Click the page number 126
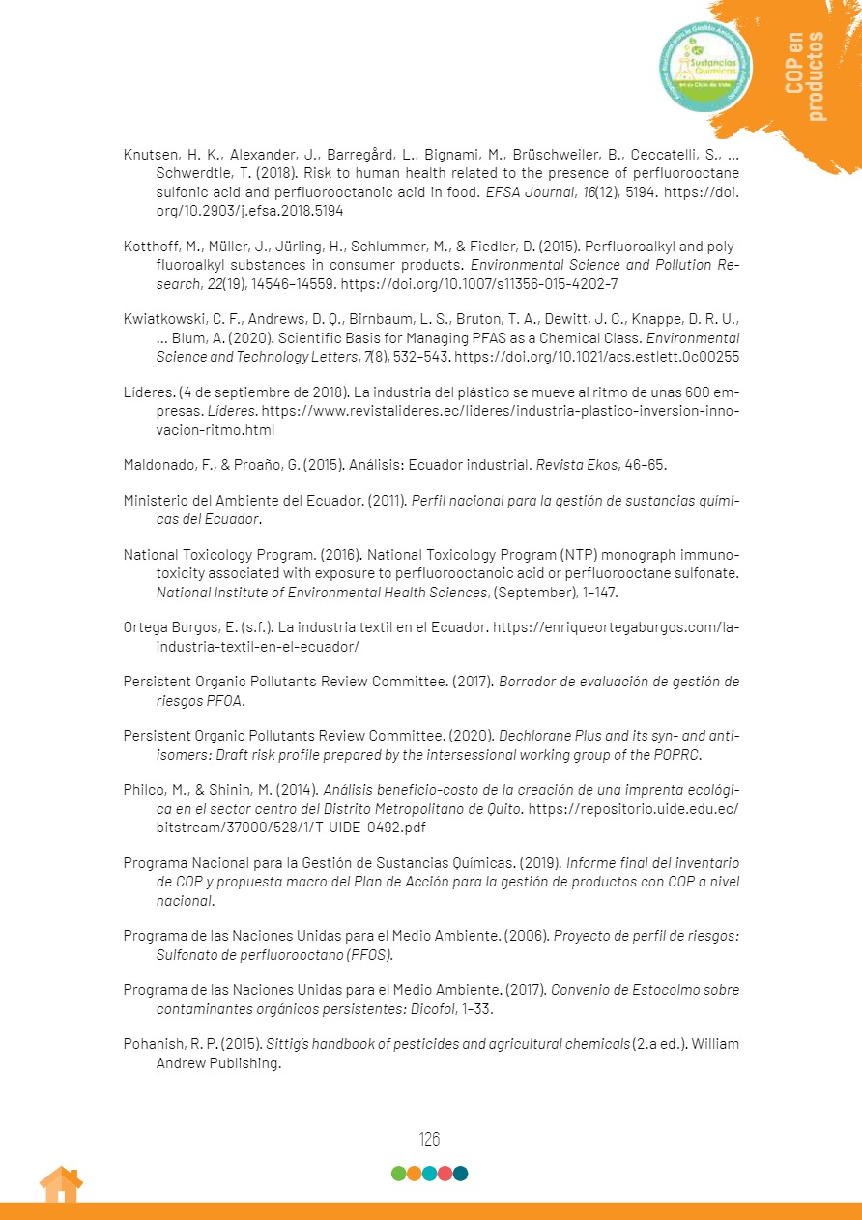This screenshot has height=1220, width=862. [x=429, y=1139]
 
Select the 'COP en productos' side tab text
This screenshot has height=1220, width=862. [x=805, y=76]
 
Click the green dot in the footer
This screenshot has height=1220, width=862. [x=398, y=1174]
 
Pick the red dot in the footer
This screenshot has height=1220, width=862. [x=445, y=1174]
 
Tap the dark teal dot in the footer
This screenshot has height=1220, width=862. [x=460, y=1174]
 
